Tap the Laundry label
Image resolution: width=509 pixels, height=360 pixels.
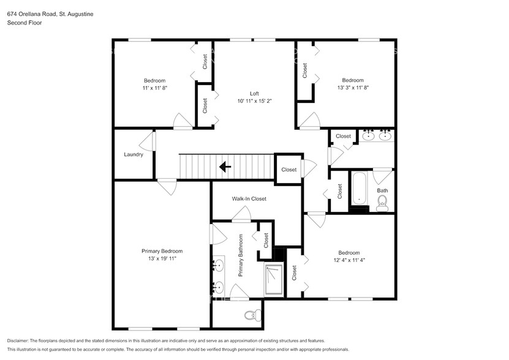click(x=133, y=154)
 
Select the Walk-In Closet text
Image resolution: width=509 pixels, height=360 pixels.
click(x=249, y=198)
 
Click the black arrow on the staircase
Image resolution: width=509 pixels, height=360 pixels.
click(x=225, y=166)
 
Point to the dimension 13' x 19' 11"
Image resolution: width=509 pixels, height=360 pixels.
click(x=162, y=259)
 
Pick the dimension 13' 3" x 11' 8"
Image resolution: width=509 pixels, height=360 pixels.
click(x=352, y=88)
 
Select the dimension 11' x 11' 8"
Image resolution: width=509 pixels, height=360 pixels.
click(x=154, y=88)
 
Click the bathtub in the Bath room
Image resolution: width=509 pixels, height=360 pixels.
click(x=359, y=190)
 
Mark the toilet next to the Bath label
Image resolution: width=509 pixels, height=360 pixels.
click(x=382, y=205)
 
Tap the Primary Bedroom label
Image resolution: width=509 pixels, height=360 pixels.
click(x=162, y=251)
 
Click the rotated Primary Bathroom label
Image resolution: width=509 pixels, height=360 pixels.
click(x=241, y=255)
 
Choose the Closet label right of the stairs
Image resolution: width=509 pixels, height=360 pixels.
click(x=288, y=170)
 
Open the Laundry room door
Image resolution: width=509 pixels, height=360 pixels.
click(x=146, y=143)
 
